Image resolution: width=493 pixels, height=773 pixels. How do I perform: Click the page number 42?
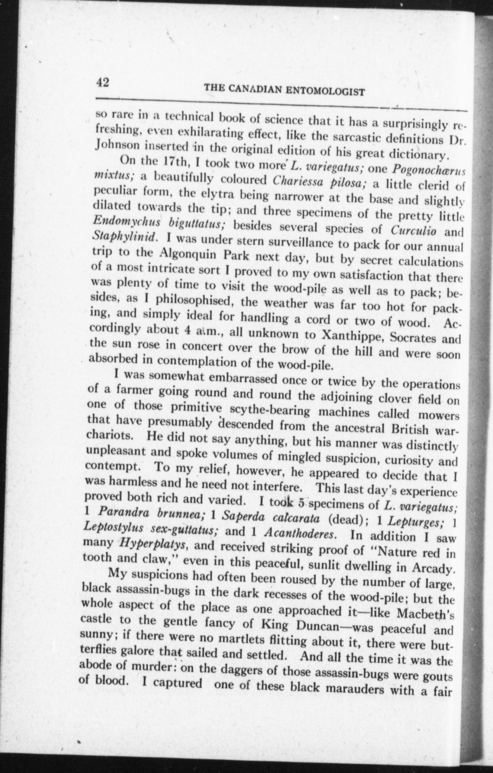[103, 83]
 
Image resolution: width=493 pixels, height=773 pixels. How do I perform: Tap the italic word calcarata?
[296, 517]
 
